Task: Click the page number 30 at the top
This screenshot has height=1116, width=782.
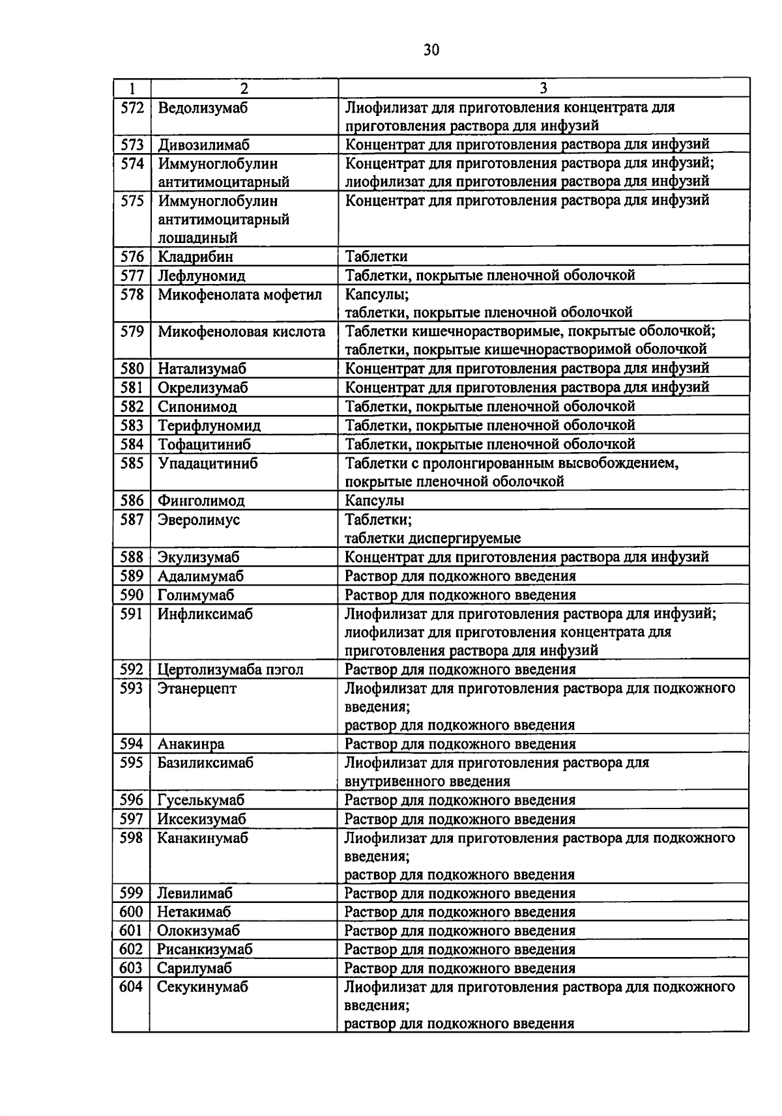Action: tap(431, 50)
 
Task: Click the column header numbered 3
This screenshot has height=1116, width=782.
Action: tap(543, 88)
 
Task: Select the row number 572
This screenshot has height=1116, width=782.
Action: tap(132, 107)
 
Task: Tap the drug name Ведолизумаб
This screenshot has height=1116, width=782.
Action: tap(203, 107)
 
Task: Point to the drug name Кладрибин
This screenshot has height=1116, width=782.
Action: tap(195, 257)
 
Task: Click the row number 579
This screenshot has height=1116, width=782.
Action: tap(132, 332)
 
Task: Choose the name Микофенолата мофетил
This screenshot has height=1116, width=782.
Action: tap(240, 294)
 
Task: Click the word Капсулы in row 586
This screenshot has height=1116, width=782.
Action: tap(374, 500)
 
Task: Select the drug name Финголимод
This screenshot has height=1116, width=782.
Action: tap(201, 500)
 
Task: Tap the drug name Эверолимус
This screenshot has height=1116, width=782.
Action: tap(199, 519)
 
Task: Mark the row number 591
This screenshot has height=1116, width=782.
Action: tap(132, 614)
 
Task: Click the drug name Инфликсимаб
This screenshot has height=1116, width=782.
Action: tap(205, 614)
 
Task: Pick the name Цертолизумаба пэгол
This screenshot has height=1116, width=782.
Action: tap(231, 670)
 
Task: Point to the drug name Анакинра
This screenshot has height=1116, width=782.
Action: tap(191, 744)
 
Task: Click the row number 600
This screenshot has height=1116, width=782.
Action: tap(130, 912)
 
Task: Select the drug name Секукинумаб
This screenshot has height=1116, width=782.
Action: tap(203, 987)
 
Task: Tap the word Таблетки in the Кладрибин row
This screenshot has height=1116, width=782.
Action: tap(376, 257)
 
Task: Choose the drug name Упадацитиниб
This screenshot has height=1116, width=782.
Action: tap(208, 463)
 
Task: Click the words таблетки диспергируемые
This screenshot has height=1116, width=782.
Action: tap(433, 538)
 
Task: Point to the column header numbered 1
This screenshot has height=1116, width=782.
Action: tap(132, 88)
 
